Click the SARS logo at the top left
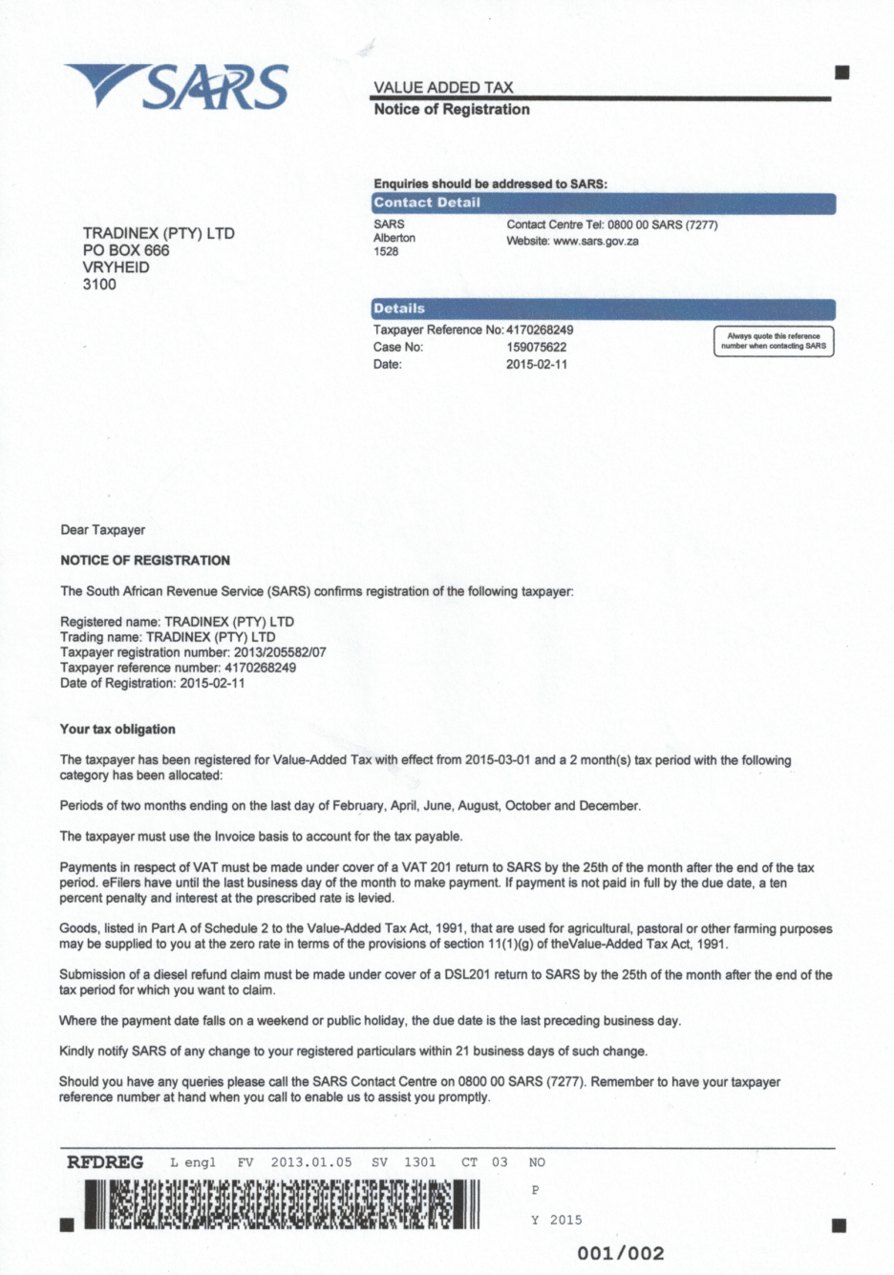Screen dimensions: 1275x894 177,87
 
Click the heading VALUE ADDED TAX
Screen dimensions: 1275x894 443,87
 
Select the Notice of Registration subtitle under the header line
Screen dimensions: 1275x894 452,110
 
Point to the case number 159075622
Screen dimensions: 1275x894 536,348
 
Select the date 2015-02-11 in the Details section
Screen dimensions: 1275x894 536,365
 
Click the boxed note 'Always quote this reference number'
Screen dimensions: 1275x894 773,341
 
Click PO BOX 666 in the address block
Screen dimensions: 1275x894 126,250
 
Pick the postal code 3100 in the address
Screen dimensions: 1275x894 99,285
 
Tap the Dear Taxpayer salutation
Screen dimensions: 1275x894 103,530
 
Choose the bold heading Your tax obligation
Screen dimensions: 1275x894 117,730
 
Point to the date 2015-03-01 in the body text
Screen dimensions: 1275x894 498,760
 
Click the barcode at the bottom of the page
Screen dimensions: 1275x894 282,1203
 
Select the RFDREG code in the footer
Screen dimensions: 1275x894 105,1162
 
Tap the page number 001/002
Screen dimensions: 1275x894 621,1253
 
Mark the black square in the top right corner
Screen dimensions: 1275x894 841,73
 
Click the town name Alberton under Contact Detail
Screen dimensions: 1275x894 394,238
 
